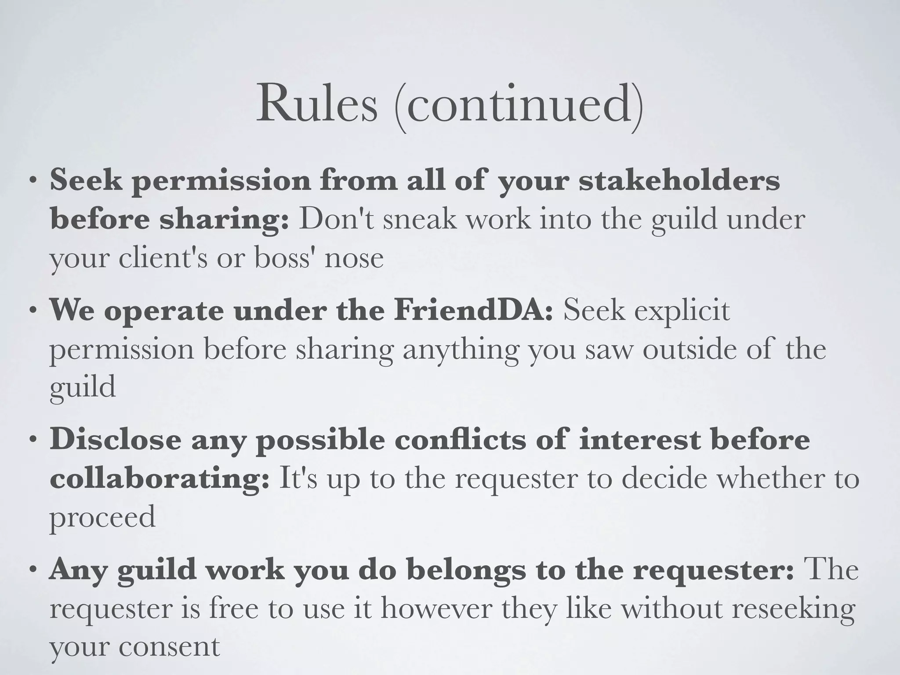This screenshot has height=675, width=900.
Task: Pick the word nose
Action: point(354,258)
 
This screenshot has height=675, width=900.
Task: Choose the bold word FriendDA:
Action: point(473,310)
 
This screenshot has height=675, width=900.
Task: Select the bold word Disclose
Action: point(115,439)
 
